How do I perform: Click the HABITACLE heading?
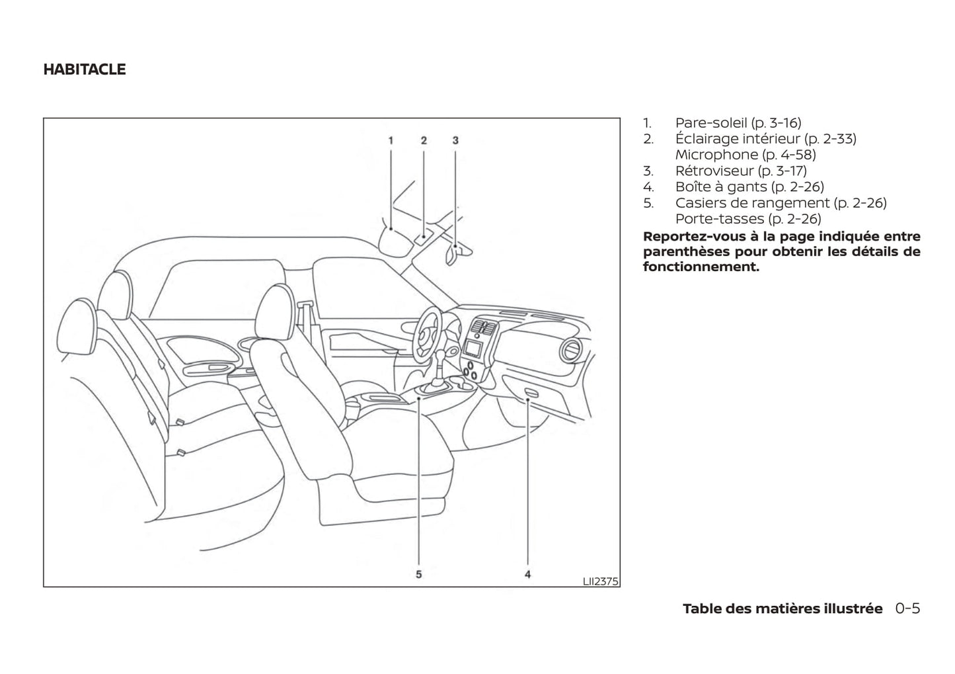(84, 69)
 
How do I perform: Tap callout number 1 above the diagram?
(391, 140)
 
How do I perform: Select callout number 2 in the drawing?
(424, 140)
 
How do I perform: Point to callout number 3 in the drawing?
(455, 140)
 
